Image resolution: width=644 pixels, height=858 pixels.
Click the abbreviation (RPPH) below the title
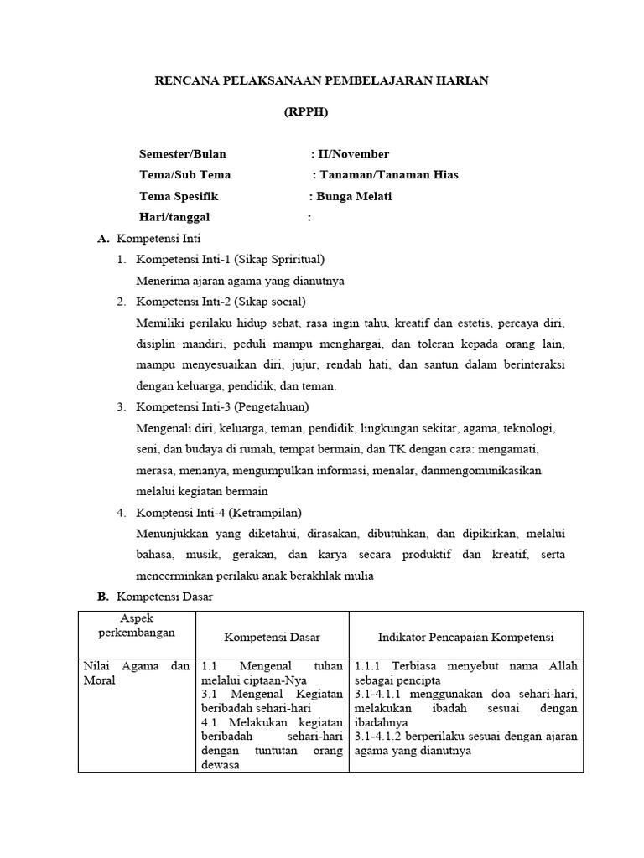click(x=306, y=112)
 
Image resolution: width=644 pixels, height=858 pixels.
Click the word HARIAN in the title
click(x=459, y=80)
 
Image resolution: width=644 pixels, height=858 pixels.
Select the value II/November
click(x=351, y=154)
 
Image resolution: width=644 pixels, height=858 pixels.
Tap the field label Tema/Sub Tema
click(x=184, y=175)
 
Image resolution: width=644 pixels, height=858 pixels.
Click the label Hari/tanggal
click(x=174, y=218)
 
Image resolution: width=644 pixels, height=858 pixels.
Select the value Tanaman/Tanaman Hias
click(x=387, y=175)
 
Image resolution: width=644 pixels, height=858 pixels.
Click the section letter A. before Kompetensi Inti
click(x=103, y=239)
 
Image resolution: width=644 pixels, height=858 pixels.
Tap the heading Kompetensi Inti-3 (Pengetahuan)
click(x=222, y=407)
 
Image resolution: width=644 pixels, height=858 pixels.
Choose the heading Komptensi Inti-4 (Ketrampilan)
click(x=219, y=512)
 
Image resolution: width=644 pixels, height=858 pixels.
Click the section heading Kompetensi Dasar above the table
click(x=164, y=597)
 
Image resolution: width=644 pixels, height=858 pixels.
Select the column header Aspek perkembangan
click(x=137, y=625)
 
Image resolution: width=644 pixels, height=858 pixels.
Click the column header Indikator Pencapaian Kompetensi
click(x=465, y=638)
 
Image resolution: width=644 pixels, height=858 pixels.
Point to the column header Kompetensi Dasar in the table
click(x=272, y=638)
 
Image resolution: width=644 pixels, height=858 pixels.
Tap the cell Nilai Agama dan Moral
click(x=137, y=673)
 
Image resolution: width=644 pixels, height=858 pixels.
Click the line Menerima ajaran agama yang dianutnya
click(x=241, y=281)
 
